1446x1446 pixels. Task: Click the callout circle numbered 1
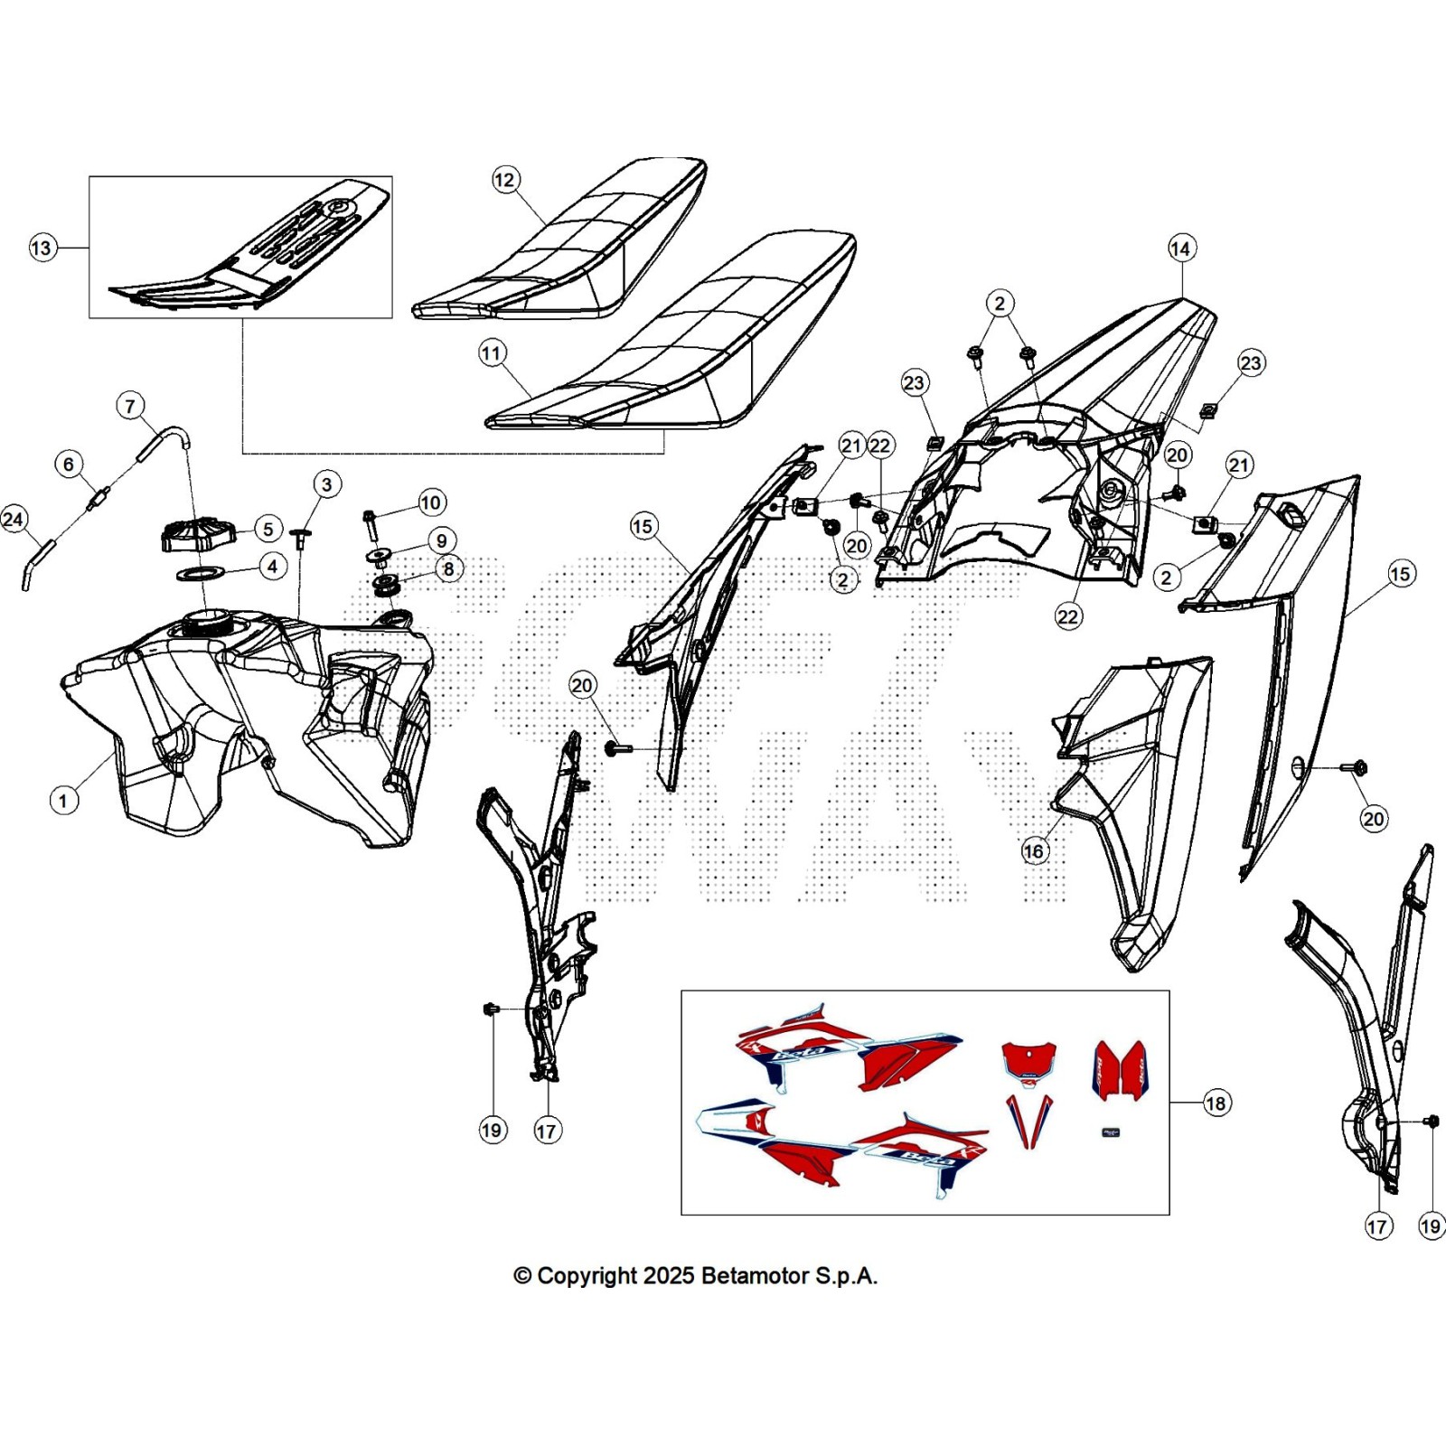(x=63, y=800)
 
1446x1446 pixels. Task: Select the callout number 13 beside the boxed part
(x=42, y=248)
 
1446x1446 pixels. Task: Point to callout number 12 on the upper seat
(x=504, y=180)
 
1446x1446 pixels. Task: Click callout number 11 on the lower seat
(x=493, y=352)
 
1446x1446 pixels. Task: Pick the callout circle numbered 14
(x=1181, y=249)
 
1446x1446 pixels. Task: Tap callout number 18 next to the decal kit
(x=1216, y=1103)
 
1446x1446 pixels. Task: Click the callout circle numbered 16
(x=1033, y=850)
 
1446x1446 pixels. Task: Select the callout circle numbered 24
(x=14, y=519)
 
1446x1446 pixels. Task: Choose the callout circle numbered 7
(x=130, y=406)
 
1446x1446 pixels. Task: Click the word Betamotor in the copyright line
(x=755, y=1276)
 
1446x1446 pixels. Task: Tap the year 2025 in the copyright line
(x=668, y=1276)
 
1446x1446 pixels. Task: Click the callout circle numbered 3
(x=327, y=484)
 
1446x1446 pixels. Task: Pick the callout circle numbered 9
(x=441, y=540)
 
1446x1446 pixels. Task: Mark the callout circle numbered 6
(x=69, y=465)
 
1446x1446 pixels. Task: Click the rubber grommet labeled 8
(x=388, y=584)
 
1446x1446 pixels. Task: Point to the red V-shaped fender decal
(x=1030, y=1120)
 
